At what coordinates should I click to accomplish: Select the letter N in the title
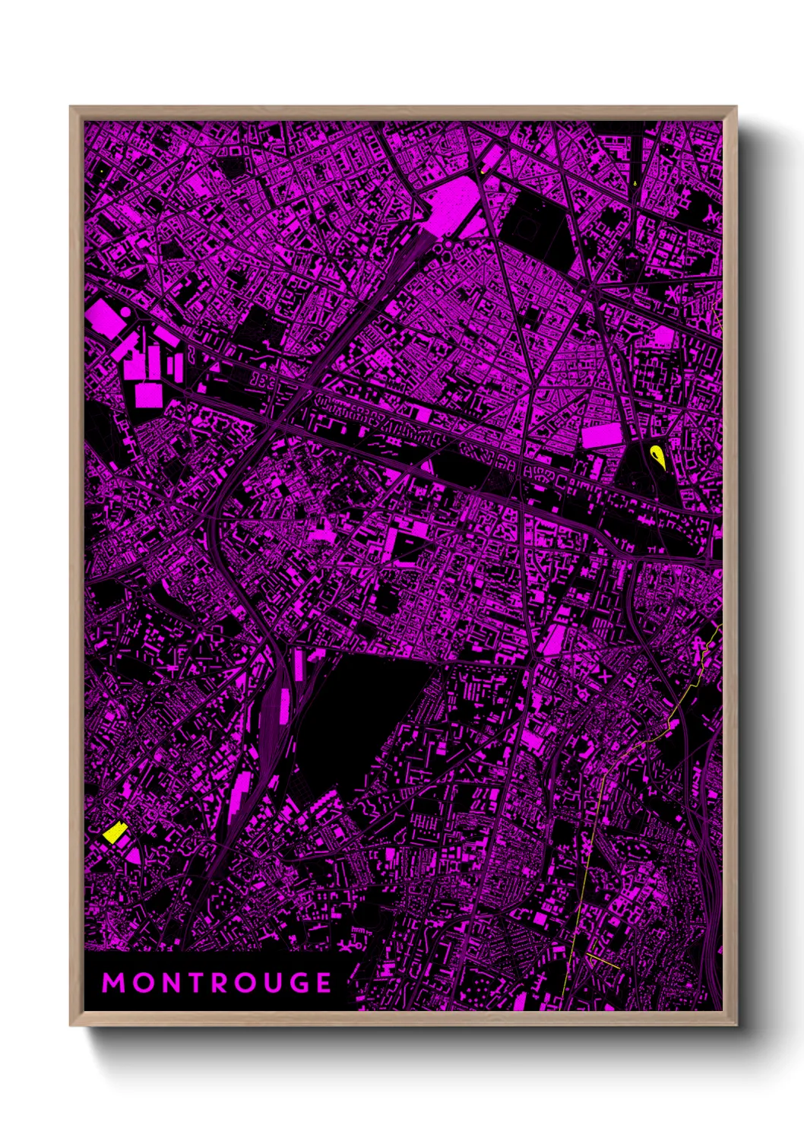point(173,983)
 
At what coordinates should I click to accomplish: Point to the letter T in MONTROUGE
point(198,983)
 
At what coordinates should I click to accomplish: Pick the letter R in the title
point(222,983)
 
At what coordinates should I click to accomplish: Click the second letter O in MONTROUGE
point(248,983)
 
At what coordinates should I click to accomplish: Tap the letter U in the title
point(277,983)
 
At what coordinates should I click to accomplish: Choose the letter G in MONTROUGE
point(302,983)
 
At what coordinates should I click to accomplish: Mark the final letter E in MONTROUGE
point(325,983)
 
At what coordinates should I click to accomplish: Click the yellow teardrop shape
point(657,456)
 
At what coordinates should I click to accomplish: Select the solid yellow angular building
point(114,832)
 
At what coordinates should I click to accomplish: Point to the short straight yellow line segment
point(603,960)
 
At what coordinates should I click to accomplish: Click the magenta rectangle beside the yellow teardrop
point(601,436)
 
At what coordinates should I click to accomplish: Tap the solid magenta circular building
point(124,312)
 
